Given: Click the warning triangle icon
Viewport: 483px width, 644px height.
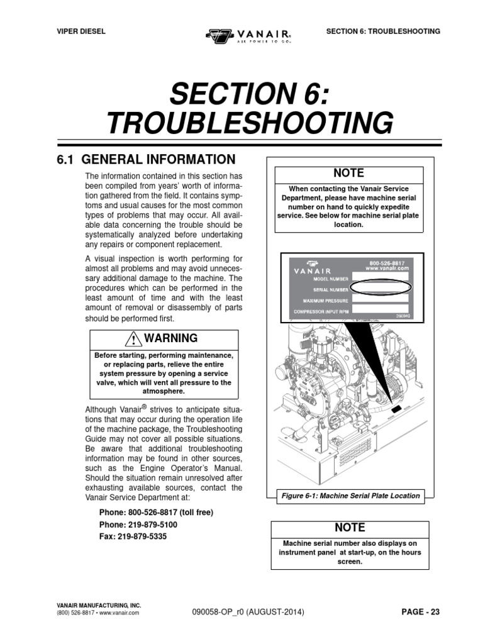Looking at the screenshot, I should click(134, 339).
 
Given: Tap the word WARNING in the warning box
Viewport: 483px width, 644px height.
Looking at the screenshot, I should click(170, 338).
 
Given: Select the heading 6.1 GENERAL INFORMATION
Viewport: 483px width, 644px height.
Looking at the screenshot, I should click(146, 159).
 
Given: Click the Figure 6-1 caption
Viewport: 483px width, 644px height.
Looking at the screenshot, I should click(350, 496).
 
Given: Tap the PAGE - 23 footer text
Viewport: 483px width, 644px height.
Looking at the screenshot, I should click(420, 612).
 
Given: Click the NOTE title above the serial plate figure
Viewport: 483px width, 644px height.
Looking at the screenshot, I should click(349, 174).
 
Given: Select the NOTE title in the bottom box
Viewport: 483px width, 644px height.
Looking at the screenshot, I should click(350, 528).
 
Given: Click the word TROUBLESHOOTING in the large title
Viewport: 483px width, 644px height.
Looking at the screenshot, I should click(250, 123).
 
